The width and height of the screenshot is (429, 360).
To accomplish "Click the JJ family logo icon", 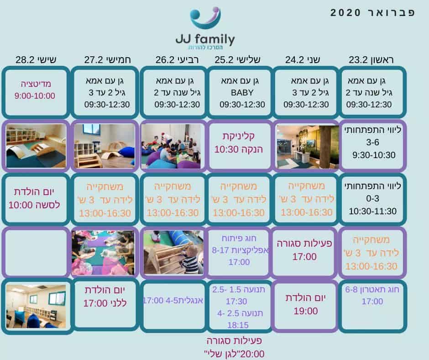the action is tap(205, 18).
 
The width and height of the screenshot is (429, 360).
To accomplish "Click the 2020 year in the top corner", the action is tap(345, 13).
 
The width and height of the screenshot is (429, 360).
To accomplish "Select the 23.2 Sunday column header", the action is tap(371, 59).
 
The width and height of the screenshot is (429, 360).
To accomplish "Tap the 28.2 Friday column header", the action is tap(36, 59).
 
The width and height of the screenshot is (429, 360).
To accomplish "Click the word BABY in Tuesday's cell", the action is tap(242, 93).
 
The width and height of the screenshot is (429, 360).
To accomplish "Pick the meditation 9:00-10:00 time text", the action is tap(35, 95).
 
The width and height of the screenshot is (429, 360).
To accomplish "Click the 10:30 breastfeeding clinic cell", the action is tap(239, 146).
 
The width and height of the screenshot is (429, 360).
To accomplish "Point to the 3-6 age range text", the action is tap(373, 142).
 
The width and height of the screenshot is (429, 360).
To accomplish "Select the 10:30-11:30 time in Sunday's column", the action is tap(373, 211).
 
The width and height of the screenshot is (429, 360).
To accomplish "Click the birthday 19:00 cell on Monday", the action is tap(305, 306).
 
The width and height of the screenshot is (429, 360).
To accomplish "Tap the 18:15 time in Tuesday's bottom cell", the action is tap(238, 325).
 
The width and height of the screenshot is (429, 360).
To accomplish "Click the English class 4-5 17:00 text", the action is tap(173, 301).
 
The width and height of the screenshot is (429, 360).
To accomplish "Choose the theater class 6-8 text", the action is tap(372, 289).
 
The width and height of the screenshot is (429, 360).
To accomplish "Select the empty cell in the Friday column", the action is tap(36, 252).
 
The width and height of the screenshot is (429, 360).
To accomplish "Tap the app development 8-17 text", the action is tap(240, 250).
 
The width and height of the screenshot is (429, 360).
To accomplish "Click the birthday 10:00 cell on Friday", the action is tap(35, 199).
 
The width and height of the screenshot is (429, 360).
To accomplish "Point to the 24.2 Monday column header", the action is tap(303, 59).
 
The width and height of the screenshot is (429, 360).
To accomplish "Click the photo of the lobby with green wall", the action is tap(308, 147).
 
